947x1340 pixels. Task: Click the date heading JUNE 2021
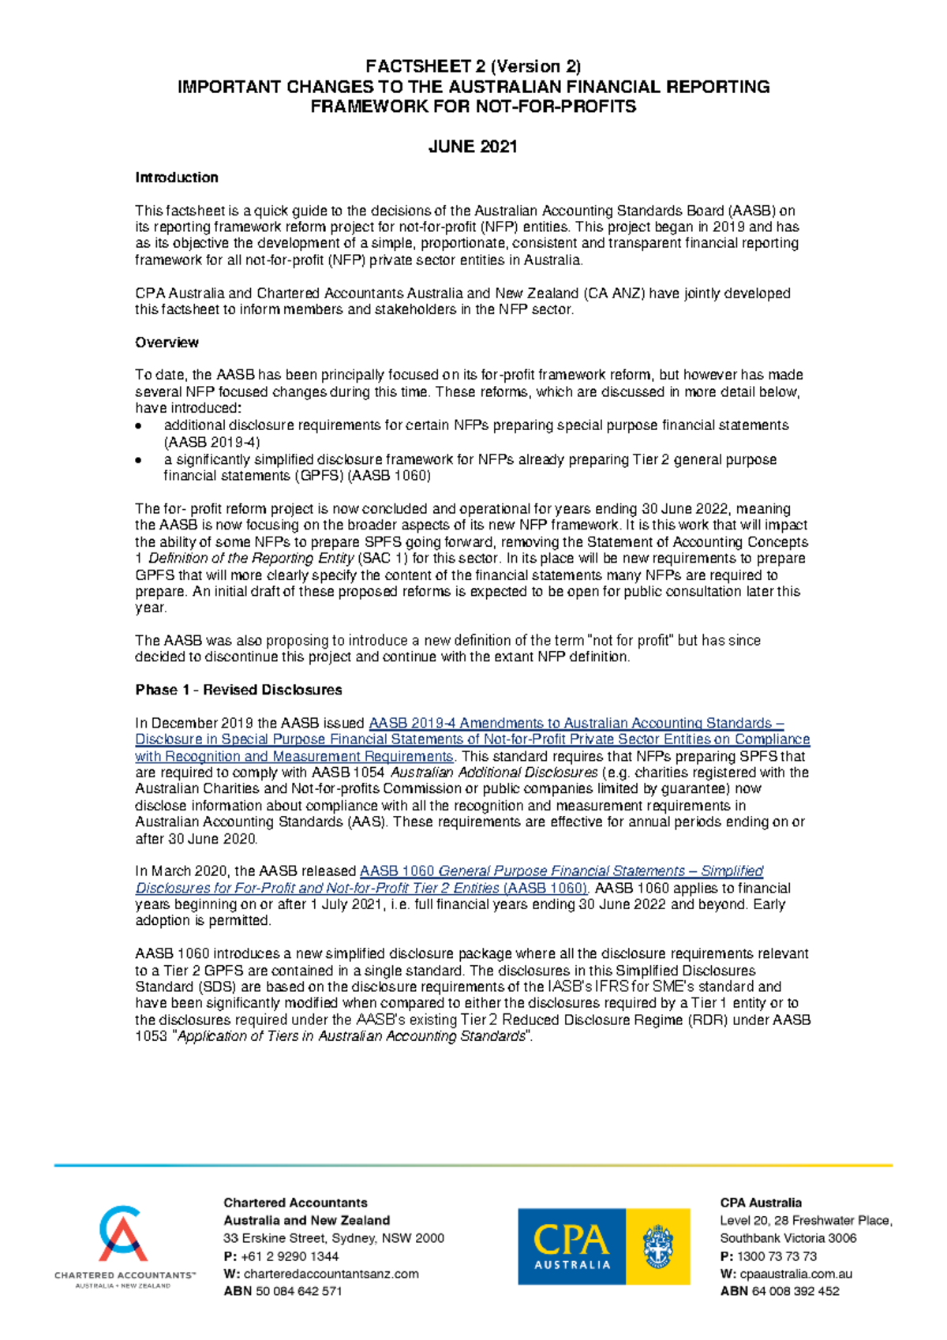(473, 147)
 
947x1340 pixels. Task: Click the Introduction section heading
(176, 178)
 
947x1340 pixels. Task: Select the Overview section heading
(167, 342)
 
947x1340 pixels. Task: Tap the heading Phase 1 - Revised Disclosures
(238, 690)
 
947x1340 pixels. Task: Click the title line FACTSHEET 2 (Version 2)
(473, 67)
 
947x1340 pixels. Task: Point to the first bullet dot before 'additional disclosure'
(139, 426)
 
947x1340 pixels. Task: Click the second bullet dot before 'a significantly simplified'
(139, 460)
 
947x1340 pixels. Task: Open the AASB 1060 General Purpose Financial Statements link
(560, 871)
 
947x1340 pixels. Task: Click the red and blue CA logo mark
(123, 1233)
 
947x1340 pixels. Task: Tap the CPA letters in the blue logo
(571, 1239)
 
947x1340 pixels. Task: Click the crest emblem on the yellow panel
(657, 1246)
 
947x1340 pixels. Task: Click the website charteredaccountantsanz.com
(331, 1274)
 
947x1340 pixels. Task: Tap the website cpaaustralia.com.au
(795, 1274)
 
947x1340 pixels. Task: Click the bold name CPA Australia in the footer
(760, 1203)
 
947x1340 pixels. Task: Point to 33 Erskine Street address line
(333, 1238)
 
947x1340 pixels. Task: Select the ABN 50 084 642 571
(298, 1291)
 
